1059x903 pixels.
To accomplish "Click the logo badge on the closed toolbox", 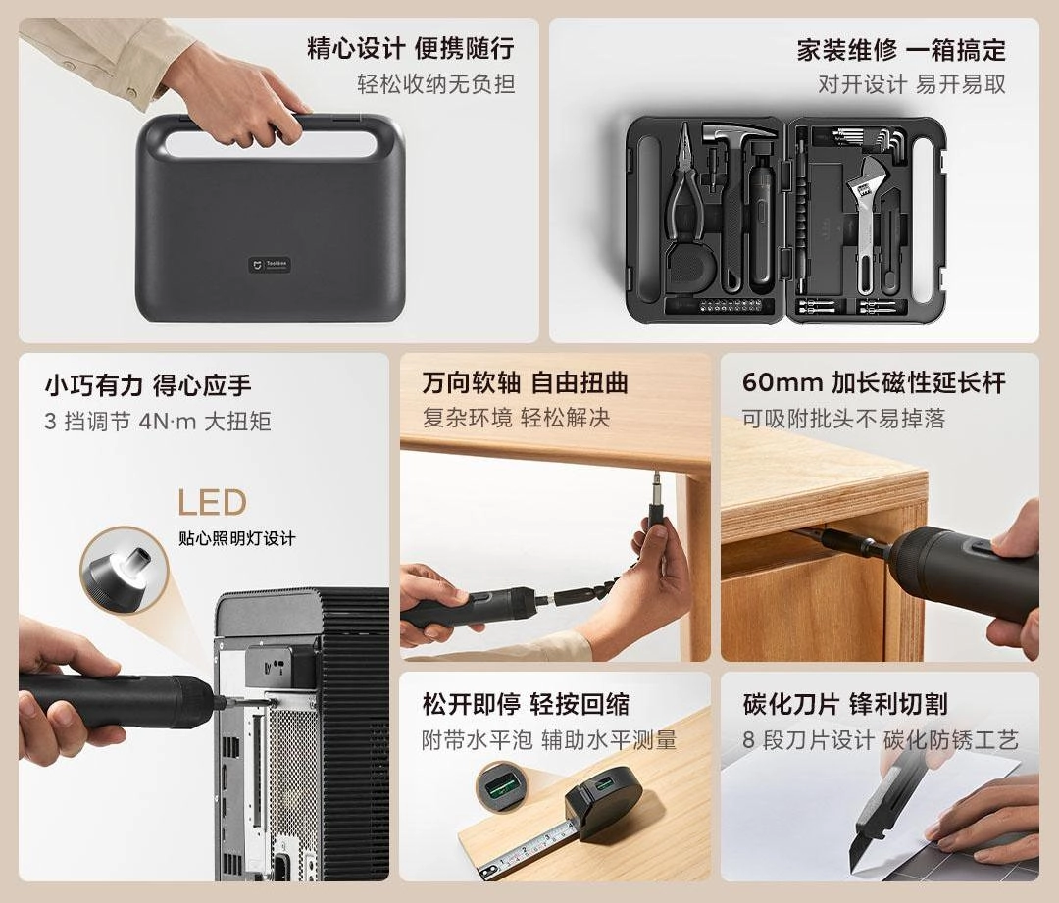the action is (270, 265).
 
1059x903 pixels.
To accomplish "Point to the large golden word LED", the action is (212, 503).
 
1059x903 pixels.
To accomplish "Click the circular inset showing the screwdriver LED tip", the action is (125, 570).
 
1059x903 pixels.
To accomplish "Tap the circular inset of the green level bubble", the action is (501, 786).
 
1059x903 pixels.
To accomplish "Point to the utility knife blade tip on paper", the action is (853, 870).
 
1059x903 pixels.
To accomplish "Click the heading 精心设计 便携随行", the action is (411, 49).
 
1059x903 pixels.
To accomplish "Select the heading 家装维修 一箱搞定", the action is (901, 50).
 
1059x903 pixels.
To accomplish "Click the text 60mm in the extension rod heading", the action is (782, 382).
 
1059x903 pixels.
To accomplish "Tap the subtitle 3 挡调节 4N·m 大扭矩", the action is (157, 422).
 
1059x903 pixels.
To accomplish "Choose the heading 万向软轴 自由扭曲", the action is (525, 382).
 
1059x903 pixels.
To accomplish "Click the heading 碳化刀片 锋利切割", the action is (845, 704).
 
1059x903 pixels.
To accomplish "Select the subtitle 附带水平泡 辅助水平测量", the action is (549, 740).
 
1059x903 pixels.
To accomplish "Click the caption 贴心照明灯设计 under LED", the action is (237, 538).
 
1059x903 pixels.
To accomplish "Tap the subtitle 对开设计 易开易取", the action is (912, 84).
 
